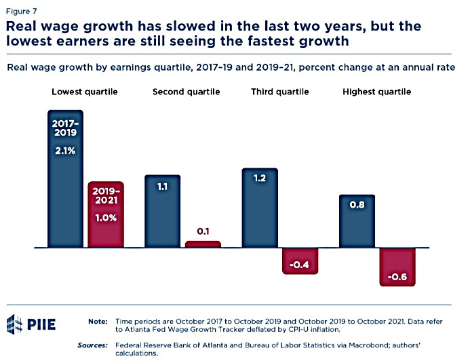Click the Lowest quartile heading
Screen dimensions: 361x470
85,92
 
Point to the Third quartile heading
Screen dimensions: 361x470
280,92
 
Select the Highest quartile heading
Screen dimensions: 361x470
377,92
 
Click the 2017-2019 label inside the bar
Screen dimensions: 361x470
65,128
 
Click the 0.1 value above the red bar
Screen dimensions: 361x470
203,231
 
